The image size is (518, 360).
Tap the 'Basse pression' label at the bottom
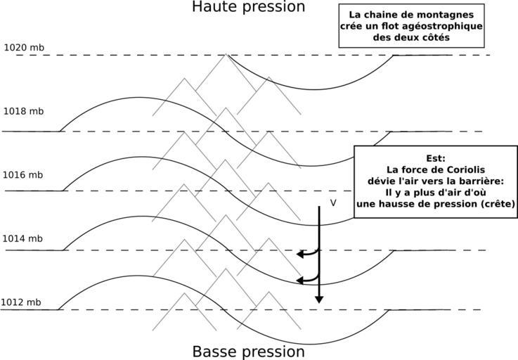248,352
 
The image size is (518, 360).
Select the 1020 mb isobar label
24,48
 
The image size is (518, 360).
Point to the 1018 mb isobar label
23,111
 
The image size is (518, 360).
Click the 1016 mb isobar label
23,175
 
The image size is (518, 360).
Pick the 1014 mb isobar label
23,239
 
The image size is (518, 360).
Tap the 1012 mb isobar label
21,303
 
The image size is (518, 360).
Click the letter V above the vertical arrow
333,202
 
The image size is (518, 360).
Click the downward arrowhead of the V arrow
319,299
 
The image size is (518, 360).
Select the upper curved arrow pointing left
304,253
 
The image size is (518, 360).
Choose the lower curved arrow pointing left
304,280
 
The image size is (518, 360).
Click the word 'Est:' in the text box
436,159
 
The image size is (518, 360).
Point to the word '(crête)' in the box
496,204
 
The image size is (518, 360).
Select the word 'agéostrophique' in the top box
441,26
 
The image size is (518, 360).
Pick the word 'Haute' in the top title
213,7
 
